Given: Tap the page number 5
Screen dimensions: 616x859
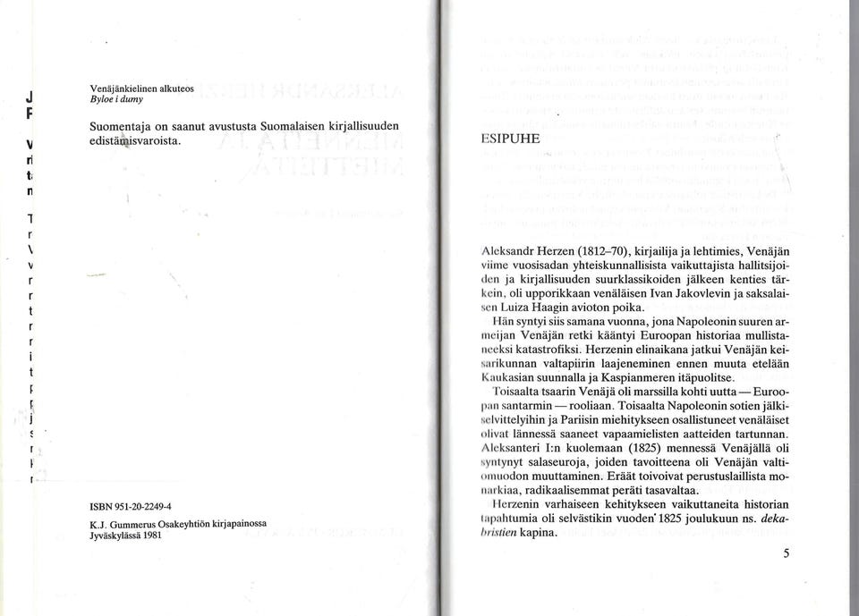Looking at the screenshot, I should tap(786, 553).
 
